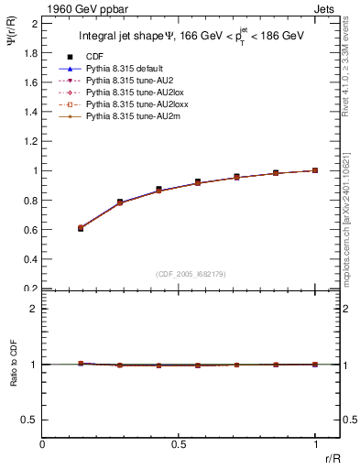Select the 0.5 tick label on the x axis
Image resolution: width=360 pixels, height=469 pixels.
(x=179, y=444)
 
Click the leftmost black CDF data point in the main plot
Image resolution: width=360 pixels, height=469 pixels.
(x=81, y=228)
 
